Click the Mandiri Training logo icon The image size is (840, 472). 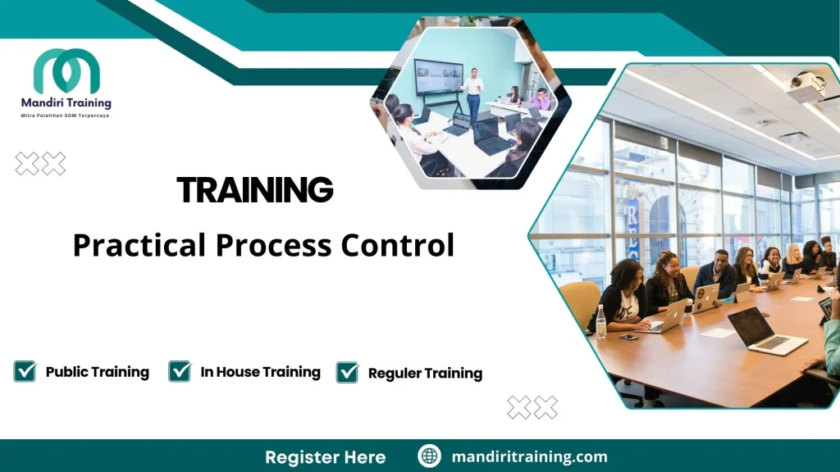[66, 71]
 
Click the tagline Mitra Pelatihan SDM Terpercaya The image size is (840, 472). [65, 116]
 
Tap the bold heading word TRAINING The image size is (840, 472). [255, 190]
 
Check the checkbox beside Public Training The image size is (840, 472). [25, 371]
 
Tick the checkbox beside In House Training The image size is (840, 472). [180, 371]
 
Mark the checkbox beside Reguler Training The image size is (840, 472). [347, 373]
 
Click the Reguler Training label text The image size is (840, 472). [425, 374]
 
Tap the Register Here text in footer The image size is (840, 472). [325, 456]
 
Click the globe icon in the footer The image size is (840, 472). [429, 456]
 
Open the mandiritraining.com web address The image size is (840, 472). [529, 456]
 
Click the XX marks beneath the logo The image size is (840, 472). [40, 164]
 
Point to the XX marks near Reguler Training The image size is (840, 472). [532, 407]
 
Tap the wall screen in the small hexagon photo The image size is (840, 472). [438, 78]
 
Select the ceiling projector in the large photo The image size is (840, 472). [805, 86]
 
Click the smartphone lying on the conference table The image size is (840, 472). [628, 337]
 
